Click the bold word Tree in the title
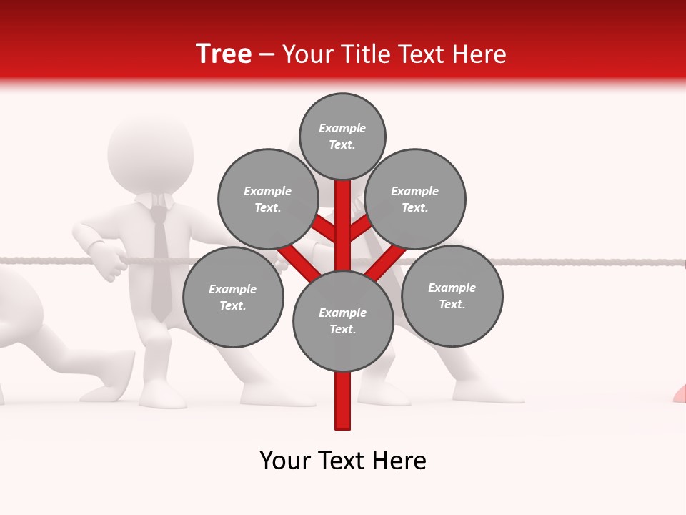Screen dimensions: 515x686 (x=224, y=54)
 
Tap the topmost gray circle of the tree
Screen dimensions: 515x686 (x=342, y=136)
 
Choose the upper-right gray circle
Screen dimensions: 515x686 (x=415, y=199)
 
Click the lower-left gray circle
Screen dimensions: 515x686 (x=233, y=297)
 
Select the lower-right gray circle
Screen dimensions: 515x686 (x=452, y=295)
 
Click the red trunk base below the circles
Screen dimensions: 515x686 (x=343, y=408)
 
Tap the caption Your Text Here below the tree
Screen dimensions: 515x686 (x=343, y=461)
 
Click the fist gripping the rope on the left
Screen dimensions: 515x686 (x=111, y=263)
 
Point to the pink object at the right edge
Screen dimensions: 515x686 (x=680, y=393)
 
